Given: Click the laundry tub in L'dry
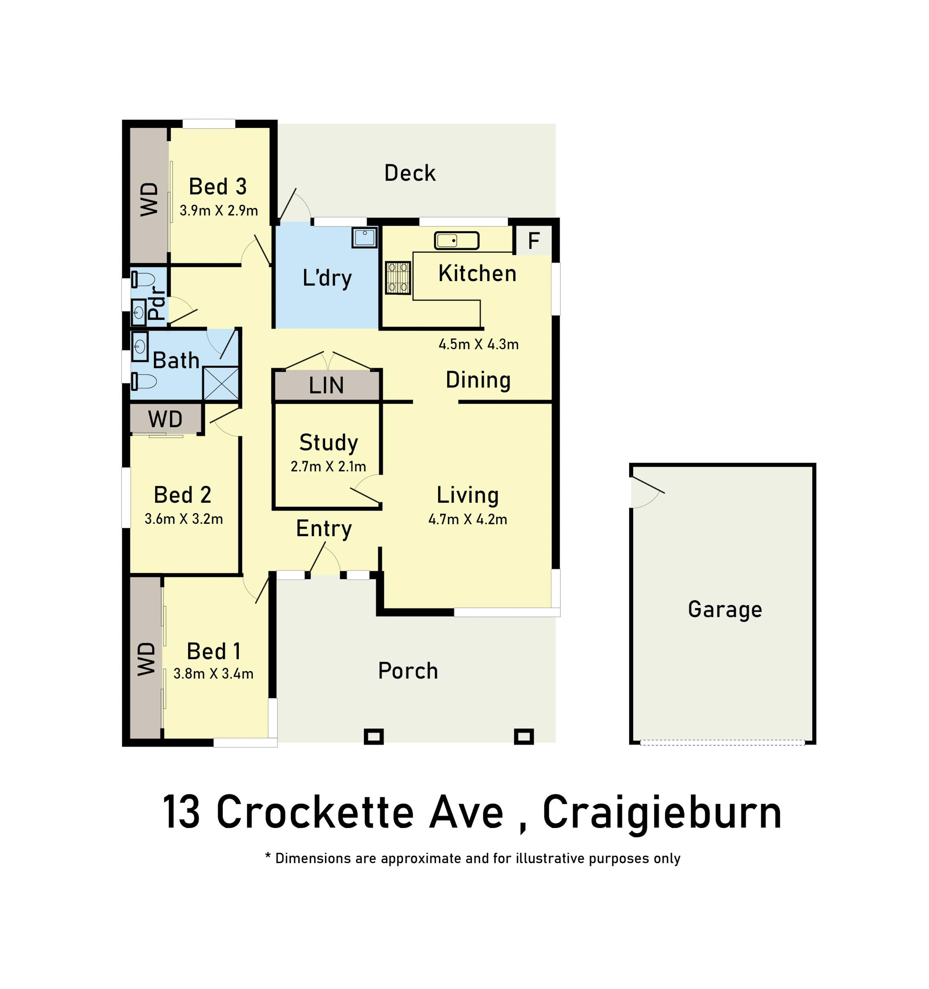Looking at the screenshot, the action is (x=364, y=237).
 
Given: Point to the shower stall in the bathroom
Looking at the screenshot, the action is (x=221, y=383).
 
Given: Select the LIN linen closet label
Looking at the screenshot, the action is (x=326, y=386).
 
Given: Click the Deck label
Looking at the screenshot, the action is (x=410, y=173).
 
